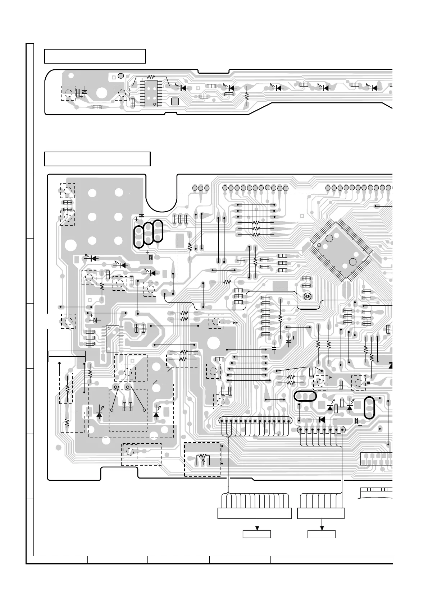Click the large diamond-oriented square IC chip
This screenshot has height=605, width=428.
click(341, 250)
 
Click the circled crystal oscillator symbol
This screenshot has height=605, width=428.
click(307, 296)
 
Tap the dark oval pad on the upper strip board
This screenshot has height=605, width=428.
click(121, 75)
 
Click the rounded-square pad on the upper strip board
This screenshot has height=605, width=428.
click(175, 101)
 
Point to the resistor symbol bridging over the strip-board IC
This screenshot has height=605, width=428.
click(151, 77)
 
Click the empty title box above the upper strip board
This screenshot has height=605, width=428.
click(95, 56)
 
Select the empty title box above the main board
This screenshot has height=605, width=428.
click(97, 159)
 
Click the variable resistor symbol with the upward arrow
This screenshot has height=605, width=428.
click(202, 459)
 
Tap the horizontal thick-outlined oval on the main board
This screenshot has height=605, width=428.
click(305, 396)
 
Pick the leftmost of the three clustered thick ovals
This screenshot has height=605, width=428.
click(139, 237)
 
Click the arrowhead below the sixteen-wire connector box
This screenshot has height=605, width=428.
click(257, 527)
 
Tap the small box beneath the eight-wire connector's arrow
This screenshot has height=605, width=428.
click(322, 534)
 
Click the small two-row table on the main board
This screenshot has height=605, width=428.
click(67, 356)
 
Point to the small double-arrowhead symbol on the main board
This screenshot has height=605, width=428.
click(236, 323)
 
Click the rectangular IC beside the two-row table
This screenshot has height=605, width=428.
click(113, 339)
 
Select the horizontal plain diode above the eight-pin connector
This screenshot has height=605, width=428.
click(322, 419)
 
